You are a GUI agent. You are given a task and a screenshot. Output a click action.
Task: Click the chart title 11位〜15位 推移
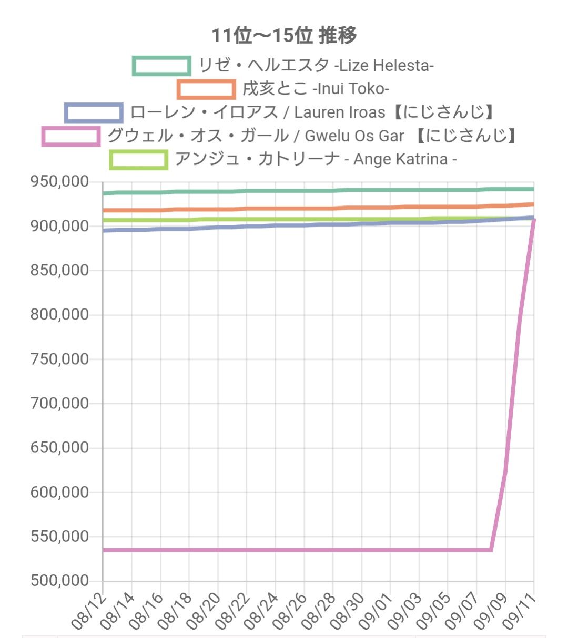(284, 36)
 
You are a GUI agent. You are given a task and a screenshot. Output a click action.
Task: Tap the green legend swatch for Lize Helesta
(161, 66)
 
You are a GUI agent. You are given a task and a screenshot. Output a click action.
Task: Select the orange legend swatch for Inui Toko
(206, 89)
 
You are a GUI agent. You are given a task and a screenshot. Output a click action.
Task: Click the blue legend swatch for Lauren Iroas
(94, 112)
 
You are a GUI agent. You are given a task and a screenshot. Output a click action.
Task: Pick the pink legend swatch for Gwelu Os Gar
(71, 136)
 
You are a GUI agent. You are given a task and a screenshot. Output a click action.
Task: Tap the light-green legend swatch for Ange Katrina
(139, 159)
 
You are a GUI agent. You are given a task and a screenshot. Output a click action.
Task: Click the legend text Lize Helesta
(316, 66)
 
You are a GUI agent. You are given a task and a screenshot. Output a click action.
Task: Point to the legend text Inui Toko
(316, 89)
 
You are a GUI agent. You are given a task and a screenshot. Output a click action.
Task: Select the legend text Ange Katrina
(316, 159)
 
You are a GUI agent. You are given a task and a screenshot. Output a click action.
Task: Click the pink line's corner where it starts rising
(491, 550)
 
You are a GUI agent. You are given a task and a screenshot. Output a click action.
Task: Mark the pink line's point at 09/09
(505, 471)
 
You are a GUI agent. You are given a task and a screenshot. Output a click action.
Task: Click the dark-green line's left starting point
(104, 193)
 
